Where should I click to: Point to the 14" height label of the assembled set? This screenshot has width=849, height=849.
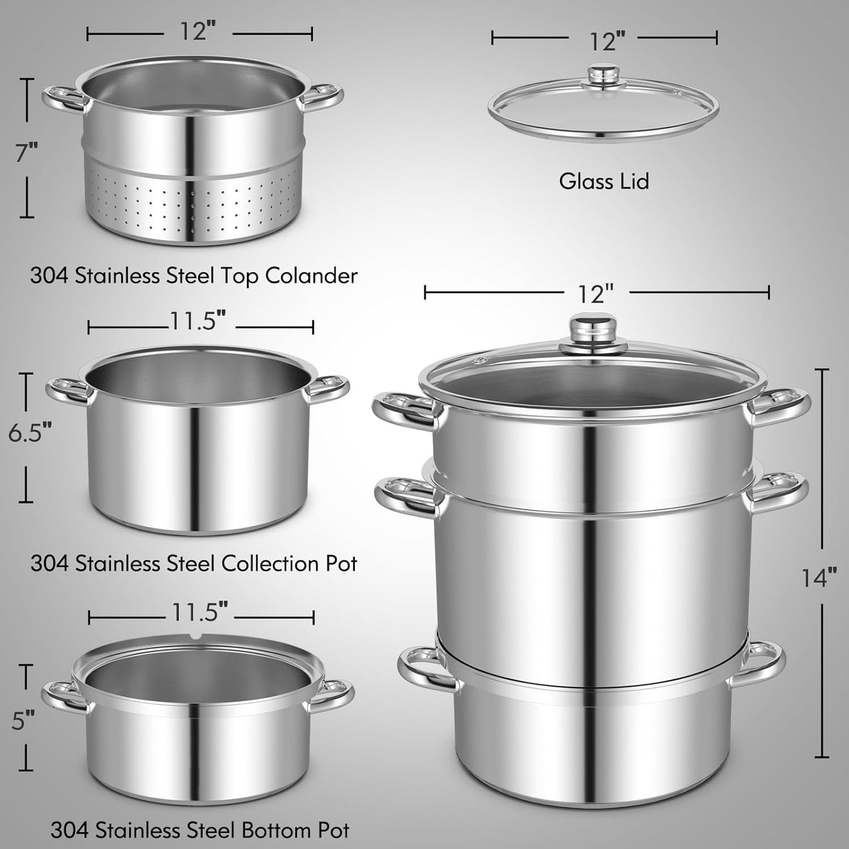pyautogui.click(x=819, y=577)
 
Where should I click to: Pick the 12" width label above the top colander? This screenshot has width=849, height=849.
pyautogui.click(x=198, y=32)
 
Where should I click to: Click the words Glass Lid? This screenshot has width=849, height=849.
pyautogui.click(x=604, y=181)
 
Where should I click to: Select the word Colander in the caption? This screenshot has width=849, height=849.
pyautogui.click(x=311, y=276)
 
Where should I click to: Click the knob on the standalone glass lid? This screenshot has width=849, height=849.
pyautogui.click(x=604, y=76)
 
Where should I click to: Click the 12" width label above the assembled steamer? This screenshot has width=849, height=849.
pyautogui.click(x=595, y=294)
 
